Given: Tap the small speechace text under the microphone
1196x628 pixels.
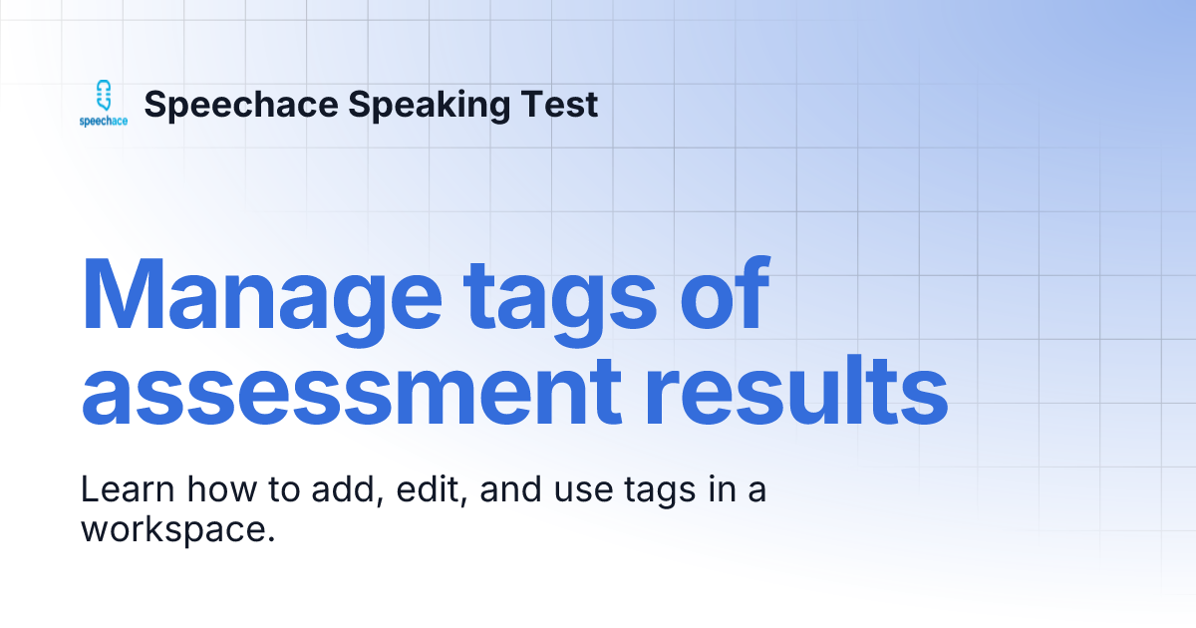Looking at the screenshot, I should coord(104,122).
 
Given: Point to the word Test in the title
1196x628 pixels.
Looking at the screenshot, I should coord(562,105).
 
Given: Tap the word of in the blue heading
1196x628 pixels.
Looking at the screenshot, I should coord(722,296).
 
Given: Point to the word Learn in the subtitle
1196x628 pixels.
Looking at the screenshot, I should coord(118,491).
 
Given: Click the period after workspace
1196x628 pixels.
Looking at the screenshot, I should coord(271,538).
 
